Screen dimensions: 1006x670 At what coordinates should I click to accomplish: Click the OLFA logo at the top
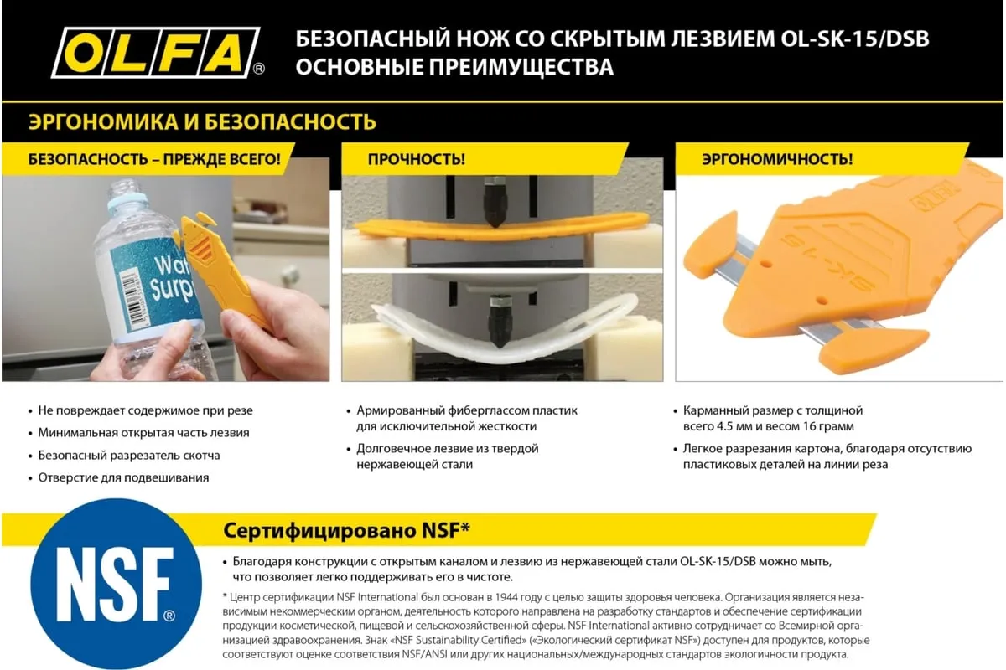pos(158,53)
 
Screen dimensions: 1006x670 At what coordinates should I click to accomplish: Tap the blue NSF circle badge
pos(116,584)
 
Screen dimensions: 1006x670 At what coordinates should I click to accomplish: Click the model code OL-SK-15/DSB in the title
pos(854,39)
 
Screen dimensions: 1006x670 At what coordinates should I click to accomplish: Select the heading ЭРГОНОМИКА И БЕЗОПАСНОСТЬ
pos(202,122)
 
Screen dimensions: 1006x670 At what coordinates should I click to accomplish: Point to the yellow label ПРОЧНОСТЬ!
pos(417,159)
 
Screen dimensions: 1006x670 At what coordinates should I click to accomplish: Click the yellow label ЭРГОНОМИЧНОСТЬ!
pos(777,159)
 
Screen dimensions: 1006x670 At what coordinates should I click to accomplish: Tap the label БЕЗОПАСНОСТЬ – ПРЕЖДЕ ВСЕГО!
pos(154,159)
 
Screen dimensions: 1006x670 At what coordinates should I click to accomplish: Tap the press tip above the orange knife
pos(495,218)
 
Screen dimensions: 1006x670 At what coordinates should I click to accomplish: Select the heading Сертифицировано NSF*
pos(346,530)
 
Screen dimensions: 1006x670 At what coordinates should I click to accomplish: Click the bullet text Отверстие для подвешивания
pos(123,477)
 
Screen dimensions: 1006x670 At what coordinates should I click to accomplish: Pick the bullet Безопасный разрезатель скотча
pos(129,455)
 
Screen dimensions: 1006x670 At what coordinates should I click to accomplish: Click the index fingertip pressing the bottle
pos(181,330)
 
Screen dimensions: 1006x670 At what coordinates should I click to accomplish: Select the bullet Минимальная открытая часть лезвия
pos(143,433)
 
